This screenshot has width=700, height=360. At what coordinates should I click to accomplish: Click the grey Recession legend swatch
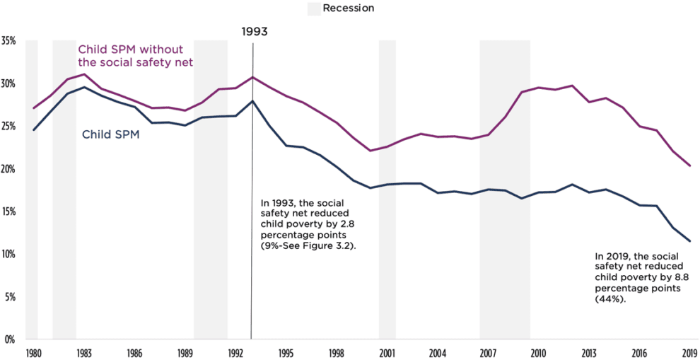(313, 8)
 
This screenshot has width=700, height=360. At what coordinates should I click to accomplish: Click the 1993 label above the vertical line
(254, 32)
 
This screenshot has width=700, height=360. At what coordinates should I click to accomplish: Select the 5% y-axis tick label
(10, 297)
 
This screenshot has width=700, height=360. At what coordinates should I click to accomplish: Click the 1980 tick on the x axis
(33, 352)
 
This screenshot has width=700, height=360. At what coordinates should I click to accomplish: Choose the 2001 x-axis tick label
(387, 352)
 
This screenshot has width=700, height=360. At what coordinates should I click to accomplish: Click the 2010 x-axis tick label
(538, 352)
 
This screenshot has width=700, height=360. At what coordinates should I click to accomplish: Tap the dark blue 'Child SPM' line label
(111, 134)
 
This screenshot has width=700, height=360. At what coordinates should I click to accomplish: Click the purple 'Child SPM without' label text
(130, 50)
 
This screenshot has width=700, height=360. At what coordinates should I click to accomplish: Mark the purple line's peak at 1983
(84, 74)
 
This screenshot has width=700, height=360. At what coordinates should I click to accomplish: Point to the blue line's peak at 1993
(252, 101)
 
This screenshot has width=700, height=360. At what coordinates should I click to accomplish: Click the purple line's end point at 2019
(689, 166)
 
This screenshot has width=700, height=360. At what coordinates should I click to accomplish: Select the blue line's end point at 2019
(689, 241)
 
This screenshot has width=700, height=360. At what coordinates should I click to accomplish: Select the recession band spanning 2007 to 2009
(505, 191)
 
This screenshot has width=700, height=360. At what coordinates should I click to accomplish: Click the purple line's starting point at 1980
(33, 108)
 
